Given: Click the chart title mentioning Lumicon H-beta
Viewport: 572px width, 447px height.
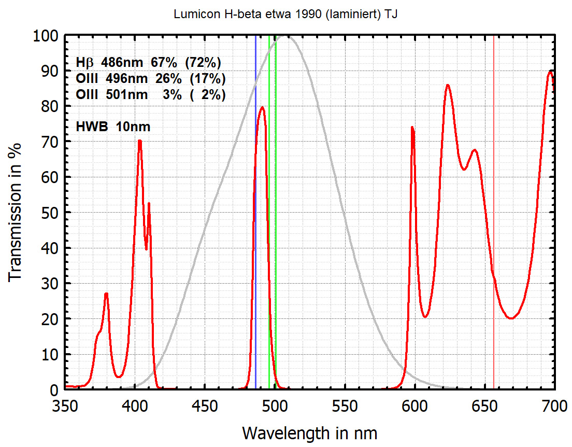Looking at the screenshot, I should tap(286, 15).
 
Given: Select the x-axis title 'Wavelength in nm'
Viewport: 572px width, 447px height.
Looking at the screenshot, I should tap(310, 432).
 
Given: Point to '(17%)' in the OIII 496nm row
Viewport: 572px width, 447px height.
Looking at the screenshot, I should tap(207, 79).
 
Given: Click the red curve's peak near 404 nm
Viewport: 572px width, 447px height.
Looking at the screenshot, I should tap(139, 142).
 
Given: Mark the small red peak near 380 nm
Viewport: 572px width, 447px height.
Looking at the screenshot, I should tap(106, 294).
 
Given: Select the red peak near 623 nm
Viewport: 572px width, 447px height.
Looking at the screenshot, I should tap(447, 86).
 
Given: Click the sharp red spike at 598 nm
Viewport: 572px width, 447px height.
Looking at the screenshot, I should tap(412, 128).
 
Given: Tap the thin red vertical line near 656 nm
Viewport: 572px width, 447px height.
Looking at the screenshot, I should tap(493, 156).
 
